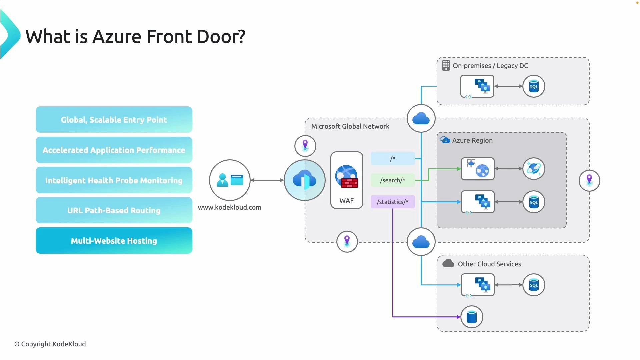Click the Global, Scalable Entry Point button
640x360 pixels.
click(x=114, y=120)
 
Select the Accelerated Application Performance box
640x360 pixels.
click(x=114, y=150)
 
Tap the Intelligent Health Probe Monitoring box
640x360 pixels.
click(x=114, y=180)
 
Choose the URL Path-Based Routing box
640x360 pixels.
click(x=114, y=210)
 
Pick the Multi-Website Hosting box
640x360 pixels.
click(x=114, y=241)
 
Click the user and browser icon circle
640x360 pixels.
click(x=230, y=180)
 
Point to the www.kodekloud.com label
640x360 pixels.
click(x=229, y=207)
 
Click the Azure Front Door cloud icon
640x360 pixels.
click(x=304, y=180)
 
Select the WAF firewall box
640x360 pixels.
click(x=347, y=180)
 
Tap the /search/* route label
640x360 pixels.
click(x=393, y=180)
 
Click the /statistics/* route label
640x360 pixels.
click(x=393, y=202)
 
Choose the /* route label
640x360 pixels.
click(x=393, y=158)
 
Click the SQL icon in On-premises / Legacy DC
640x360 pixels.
click(x=534, y=86)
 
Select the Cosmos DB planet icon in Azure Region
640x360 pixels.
click(x=534, y=169)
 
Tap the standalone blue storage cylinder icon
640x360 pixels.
click(x=472, y=317)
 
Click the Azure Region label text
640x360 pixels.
click(x=472, y=140)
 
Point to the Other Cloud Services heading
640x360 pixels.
click(x=489, y=264)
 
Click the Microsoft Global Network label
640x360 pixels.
click(x=350, y=126)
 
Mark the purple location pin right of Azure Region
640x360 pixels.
click(x=589, y=180)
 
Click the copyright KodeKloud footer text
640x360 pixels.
click(x=50, y=344)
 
